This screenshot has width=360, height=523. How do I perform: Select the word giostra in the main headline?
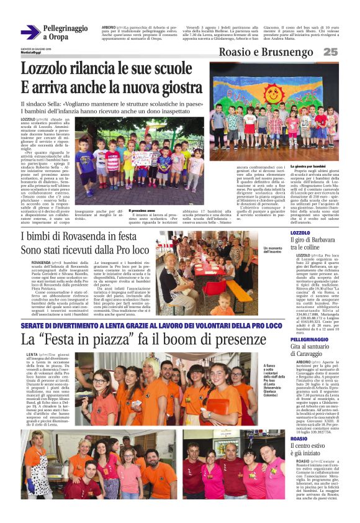pos(171,88)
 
